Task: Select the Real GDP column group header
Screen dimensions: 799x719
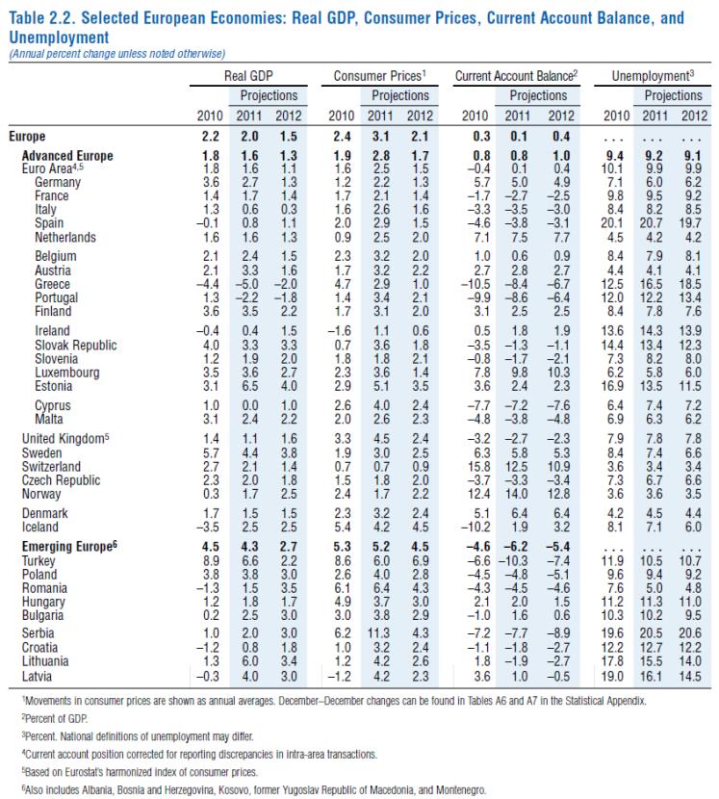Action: [250, 75]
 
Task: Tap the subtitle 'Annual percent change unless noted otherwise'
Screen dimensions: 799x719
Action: [116, 52]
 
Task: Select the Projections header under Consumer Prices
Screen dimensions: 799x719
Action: [399, 96]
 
